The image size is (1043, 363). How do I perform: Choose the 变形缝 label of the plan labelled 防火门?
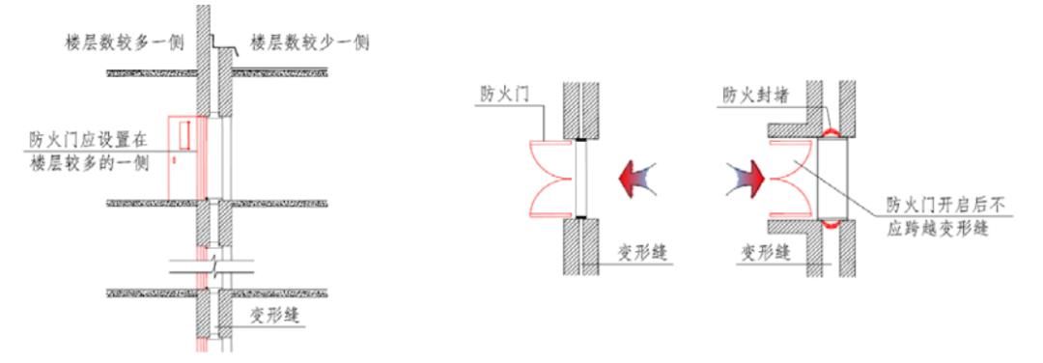pyautogui.click(x=641, y=254)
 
